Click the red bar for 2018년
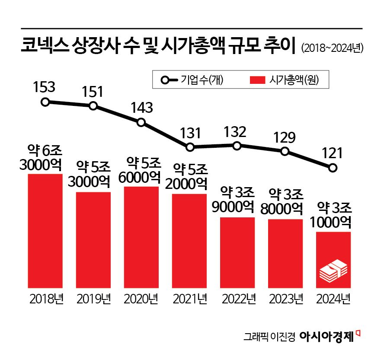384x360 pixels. (x=45, y=231)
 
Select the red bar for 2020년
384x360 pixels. (x=141, y=238)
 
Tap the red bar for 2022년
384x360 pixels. (x=237, y=253)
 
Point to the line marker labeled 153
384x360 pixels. (x=45, y=102)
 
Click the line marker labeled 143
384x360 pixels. (x=141, y=122)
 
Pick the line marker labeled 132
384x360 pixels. (x=237, y=146)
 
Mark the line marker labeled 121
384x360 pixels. (x=332, y=168)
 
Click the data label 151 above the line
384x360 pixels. (x=93, y=92)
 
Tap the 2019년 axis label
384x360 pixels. (x=93, y=299)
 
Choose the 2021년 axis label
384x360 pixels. (x=189, y=299)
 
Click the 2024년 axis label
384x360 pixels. (x=333, y=299)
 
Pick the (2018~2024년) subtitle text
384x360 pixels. (x=332, y=48)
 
